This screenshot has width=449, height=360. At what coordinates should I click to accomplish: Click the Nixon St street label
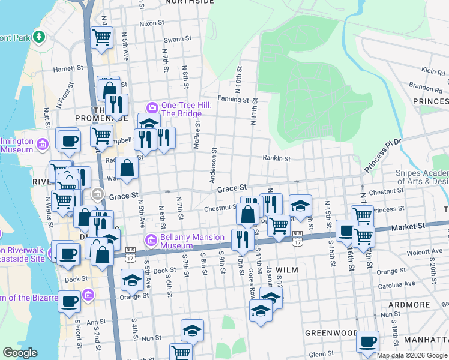pos(152,23)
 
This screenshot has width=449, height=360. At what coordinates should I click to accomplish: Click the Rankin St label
pos(276,159)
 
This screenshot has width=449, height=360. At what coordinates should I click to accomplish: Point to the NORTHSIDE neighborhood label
pos(189,2)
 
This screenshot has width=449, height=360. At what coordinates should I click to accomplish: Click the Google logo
pos(20,353)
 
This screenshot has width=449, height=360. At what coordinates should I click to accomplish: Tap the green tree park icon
pos(39,37)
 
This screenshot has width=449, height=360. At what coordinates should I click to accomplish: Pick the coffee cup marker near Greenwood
pos(368,341)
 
